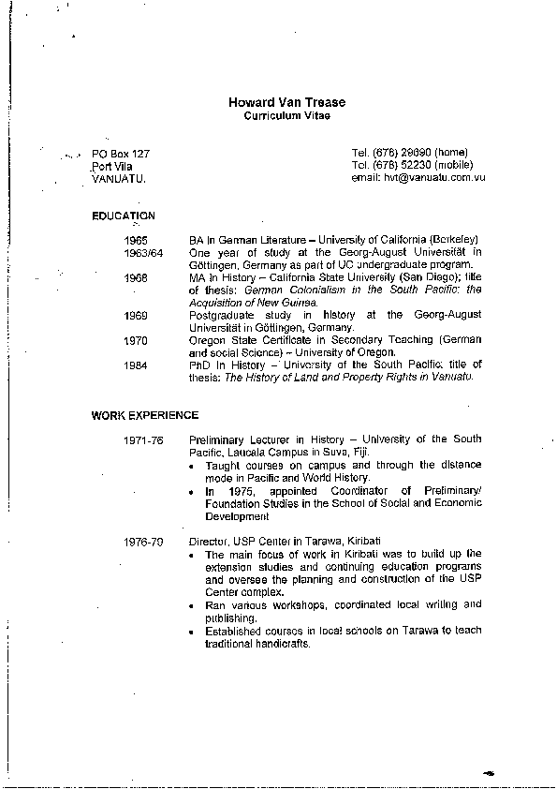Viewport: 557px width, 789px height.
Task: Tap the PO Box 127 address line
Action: pos(121,153)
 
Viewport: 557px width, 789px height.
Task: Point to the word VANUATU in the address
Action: pos(118,178)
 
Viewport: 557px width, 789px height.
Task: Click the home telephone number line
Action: pos(409,153)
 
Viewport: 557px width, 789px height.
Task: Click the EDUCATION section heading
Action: pos(124,216)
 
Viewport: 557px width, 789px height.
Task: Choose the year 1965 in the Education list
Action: pos(136,241)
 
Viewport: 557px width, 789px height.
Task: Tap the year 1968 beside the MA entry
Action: pos(136,278)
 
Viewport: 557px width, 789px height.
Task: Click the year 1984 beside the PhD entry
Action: pos(136,365)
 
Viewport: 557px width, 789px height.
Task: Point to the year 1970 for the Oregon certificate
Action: pos(136,340)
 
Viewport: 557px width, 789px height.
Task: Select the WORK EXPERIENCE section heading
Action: pos(145,414)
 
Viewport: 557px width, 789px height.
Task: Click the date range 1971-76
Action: pos(143,439)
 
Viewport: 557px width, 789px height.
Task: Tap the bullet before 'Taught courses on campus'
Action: pos(193,466)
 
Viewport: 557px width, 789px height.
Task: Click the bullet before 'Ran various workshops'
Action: pos(193,606)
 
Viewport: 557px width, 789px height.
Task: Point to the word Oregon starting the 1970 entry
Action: pos(206,340)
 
